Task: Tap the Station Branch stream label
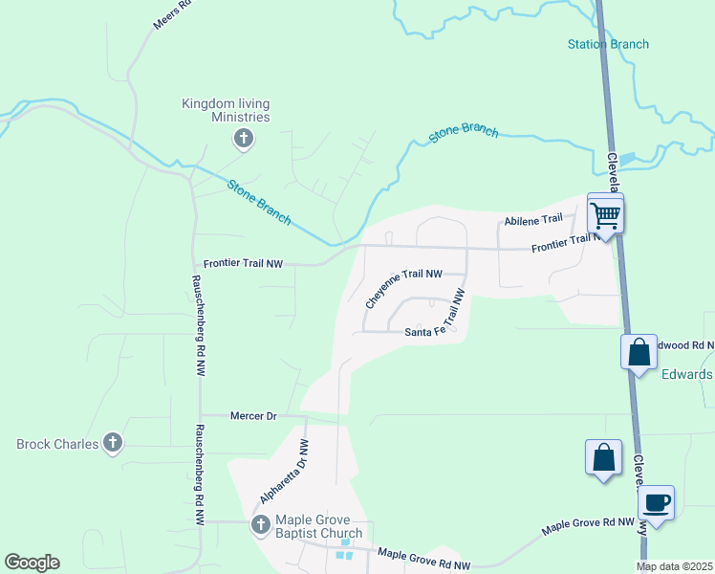pos(608,44)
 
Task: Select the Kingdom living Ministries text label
pos(227,110)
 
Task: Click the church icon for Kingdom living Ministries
pos(243,140)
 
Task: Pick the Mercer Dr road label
pos(253,416)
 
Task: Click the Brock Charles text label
pos(57,444)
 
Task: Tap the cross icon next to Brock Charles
pos(113,443)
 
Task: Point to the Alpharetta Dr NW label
pos(285,472)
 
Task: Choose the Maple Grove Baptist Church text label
pos(319,527)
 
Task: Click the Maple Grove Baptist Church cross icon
pos(260,524)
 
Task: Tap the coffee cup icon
pos(657,502)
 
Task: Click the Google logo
pos(32,563)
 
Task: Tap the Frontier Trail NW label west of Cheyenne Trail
pos(244,263)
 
